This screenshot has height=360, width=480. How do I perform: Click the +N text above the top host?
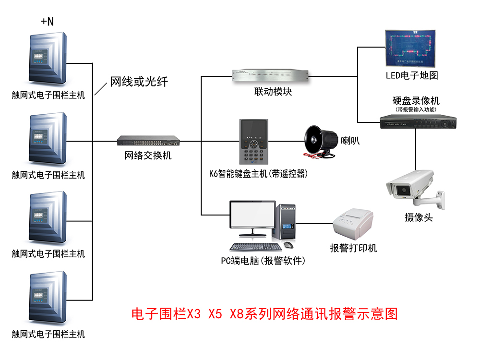tap(47, 21)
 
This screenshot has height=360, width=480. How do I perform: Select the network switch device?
tap(148, 141)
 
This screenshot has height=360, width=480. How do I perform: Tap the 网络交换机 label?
tap(148, 156)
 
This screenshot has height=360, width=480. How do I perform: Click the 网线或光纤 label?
tap(139, 82)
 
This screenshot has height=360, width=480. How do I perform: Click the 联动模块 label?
tap(273, 92)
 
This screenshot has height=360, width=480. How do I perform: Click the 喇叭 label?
tap(350, 141)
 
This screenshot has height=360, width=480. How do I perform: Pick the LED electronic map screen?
tap(412, 48)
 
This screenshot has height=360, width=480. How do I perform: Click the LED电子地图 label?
tap(412, 75)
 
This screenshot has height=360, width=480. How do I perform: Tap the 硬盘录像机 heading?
tap(416, 101)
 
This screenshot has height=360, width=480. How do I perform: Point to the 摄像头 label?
tap(419, 217)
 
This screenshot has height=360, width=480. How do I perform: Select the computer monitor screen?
tap(252, 216)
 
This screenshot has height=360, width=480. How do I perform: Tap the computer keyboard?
tap(255, 247)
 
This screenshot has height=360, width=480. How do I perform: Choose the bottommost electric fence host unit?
tap(47, 298)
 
